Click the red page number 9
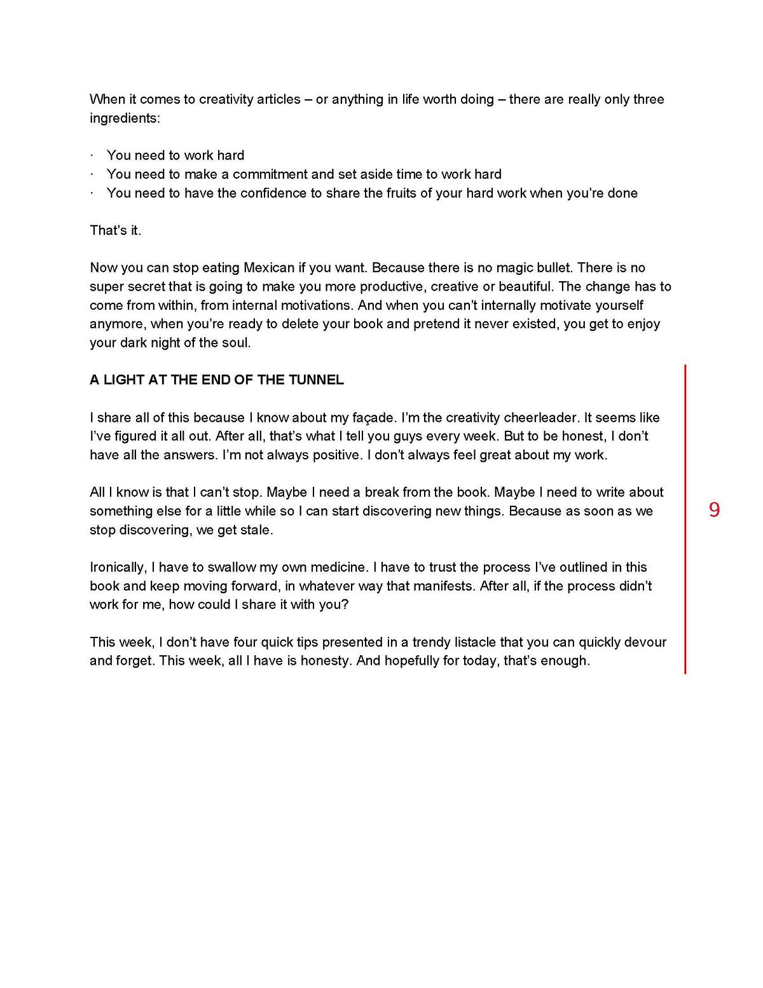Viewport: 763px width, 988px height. (x=715, y=510)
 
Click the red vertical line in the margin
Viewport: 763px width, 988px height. (x=685, y=518)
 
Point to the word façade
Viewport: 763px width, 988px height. (x=373, y=418)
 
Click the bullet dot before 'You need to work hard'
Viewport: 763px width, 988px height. (x=92, y=156)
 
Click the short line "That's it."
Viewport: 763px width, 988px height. (x=116, y=230)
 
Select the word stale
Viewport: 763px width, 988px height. (x=256, y=530)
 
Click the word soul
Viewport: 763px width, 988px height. (x=238, y=343)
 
